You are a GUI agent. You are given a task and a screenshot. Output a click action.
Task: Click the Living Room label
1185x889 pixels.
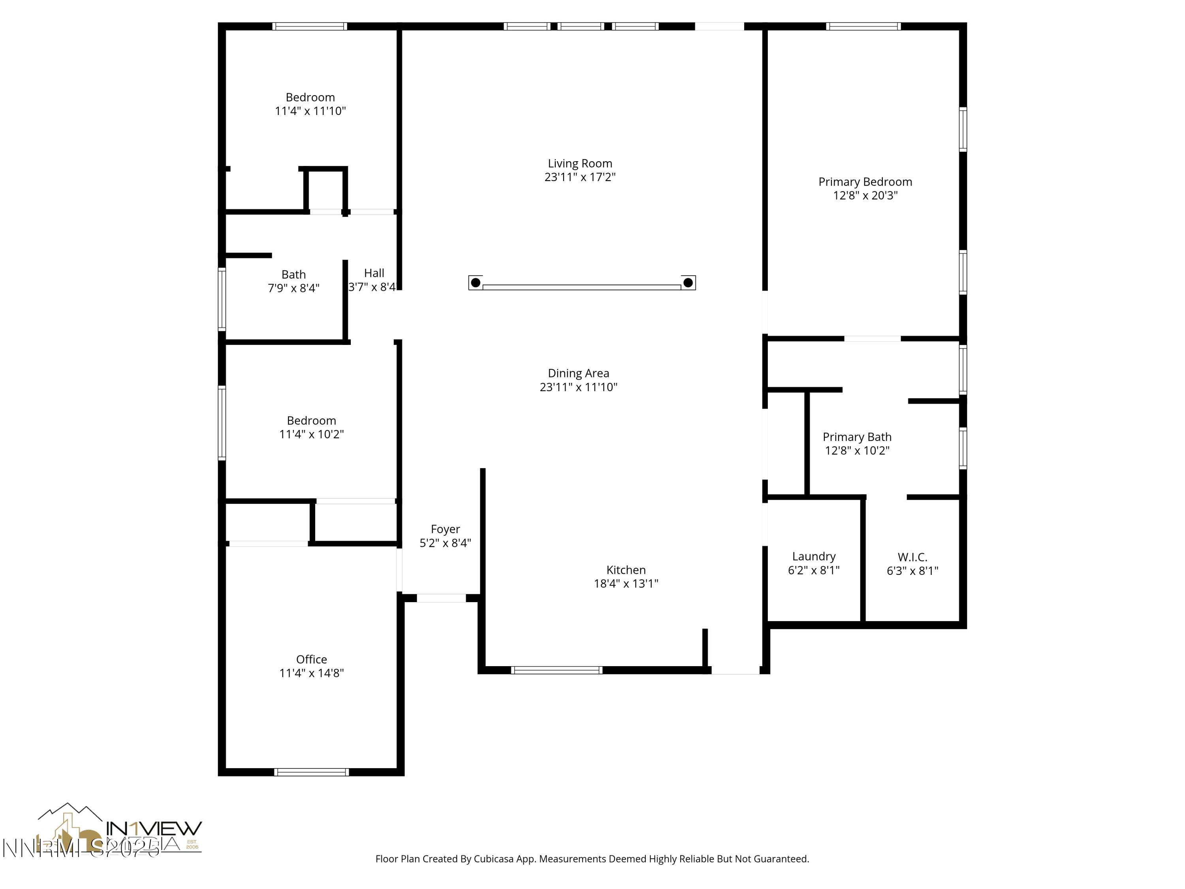click(579, 164)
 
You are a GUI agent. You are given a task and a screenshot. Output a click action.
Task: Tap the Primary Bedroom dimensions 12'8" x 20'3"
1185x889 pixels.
click(865, 196)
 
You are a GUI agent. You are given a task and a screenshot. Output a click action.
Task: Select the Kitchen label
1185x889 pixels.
click(626, 570)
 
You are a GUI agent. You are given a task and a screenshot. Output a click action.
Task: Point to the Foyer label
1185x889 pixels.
click(445, 529)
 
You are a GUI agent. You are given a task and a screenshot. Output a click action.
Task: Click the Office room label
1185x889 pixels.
click(311, 659)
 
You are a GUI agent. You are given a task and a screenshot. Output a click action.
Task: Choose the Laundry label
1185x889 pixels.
click(813, 556)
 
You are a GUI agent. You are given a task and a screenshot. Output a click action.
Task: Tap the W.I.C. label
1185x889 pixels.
click(912, 557)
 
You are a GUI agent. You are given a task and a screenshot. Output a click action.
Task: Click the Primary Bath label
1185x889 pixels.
click(857, 437)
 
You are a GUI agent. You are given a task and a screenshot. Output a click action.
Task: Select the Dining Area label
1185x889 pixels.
click(578, 373)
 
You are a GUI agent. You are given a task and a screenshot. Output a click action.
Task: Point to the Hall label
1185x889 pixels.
click(374, 273)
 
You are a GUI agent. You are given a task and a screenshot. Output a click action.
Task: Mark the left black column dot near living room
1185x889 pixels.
click(475, 283)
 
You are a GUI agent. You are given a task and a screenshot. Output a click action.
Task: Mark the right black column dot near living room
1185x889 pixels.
click(688, 283)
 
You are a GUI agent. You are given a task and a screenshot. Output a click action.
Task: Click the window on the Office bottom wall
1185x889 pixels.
click(311, 772)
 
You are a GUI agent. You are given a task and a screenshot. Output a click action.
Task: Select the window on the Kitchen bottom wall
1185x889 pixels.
click(556, 670)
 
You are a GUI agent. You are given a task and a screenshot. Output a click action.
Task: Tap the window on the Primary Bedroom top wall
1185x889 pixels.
click(863, 26)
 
